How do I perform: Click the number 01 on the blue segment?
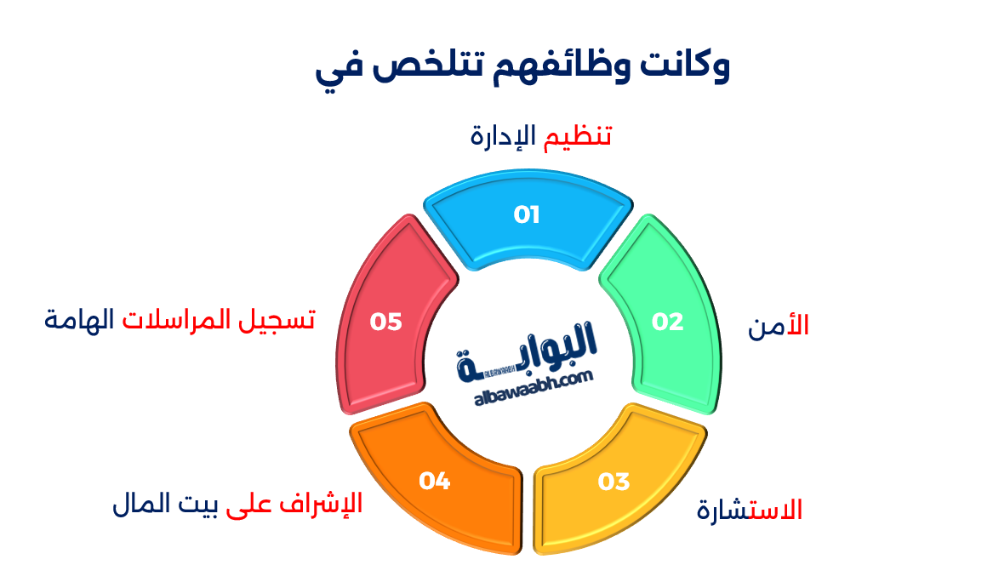tap(527, 215)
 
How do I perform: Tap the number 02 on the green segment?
tap(668, 322)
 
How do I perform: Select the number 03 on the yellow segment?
tap(613, 482)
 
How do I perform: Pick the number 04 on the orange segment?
tap(434, 481)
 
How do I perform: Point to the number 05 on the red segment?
tap(385, 322)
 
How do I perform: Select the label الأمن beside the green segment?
tap(778, 326)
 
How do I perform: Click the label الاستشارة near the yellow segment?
tap(750, 510)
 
